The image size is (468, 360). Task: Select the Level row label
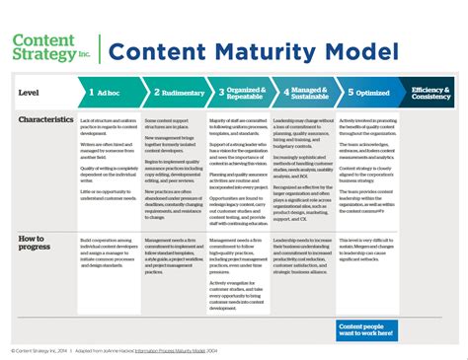pos(30,93)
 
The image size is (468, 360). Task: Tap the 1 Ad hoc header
pos(109,93)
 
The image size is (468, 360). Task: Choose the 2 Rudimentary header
pos(175,93)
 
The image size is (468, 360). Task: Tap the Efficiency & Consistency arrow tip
pos(429,93)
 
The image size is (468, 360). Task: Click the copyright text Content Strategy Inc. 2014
pos(39,349)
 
